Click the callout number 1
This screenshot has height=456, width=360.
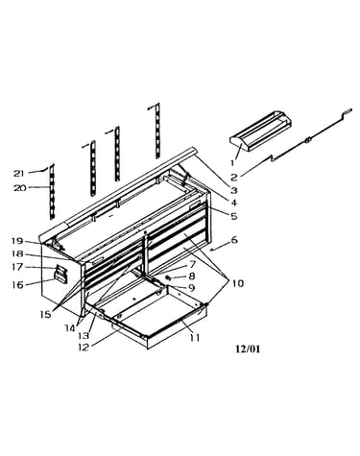click(x=233, y=163)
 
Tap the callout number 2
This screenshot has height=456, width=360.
click(x=234, y=178)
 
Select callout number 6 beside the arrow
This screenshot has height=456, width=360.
click(x=234, y=239)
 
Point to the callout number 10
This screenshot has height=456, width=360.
click(x=237, y=283)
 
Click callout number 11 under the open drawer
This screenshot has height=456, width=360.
click(x=195, y=337)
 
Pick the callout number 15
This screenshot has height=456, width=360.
click(x=46, y=314)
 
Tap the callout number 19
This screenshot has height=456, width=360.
click(x=17, y=240)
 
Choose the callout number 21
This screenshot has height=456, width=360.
click(x=19, y=173)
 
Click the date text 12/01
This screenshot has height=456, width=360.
click(x=248, y=348)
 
